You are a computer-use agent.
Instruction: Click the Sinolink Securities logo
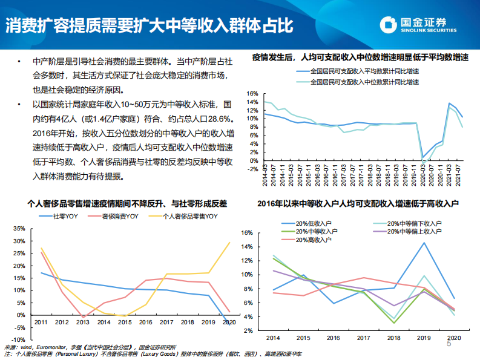pyautogui.click(x=424, y=25)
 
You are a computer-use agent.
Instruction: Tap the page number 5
pyautogui.click(x=449, y=344)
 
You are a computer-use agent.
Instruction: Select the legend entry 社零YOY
pyautogui.click(x=64, y=216)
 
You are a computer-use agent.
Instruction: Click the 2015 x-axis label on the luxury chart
pyautogui.click(x=124, y=323)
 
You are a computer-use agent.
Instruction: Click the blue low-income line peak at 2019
pyautogui.click(x=423, y=243)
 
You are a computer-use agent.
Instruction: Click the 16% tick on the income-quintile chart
pyautogui.click(x=246, y=232)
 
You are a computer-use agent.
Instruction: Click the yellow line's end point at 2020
pyautogui.click(x=229, y=243)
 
